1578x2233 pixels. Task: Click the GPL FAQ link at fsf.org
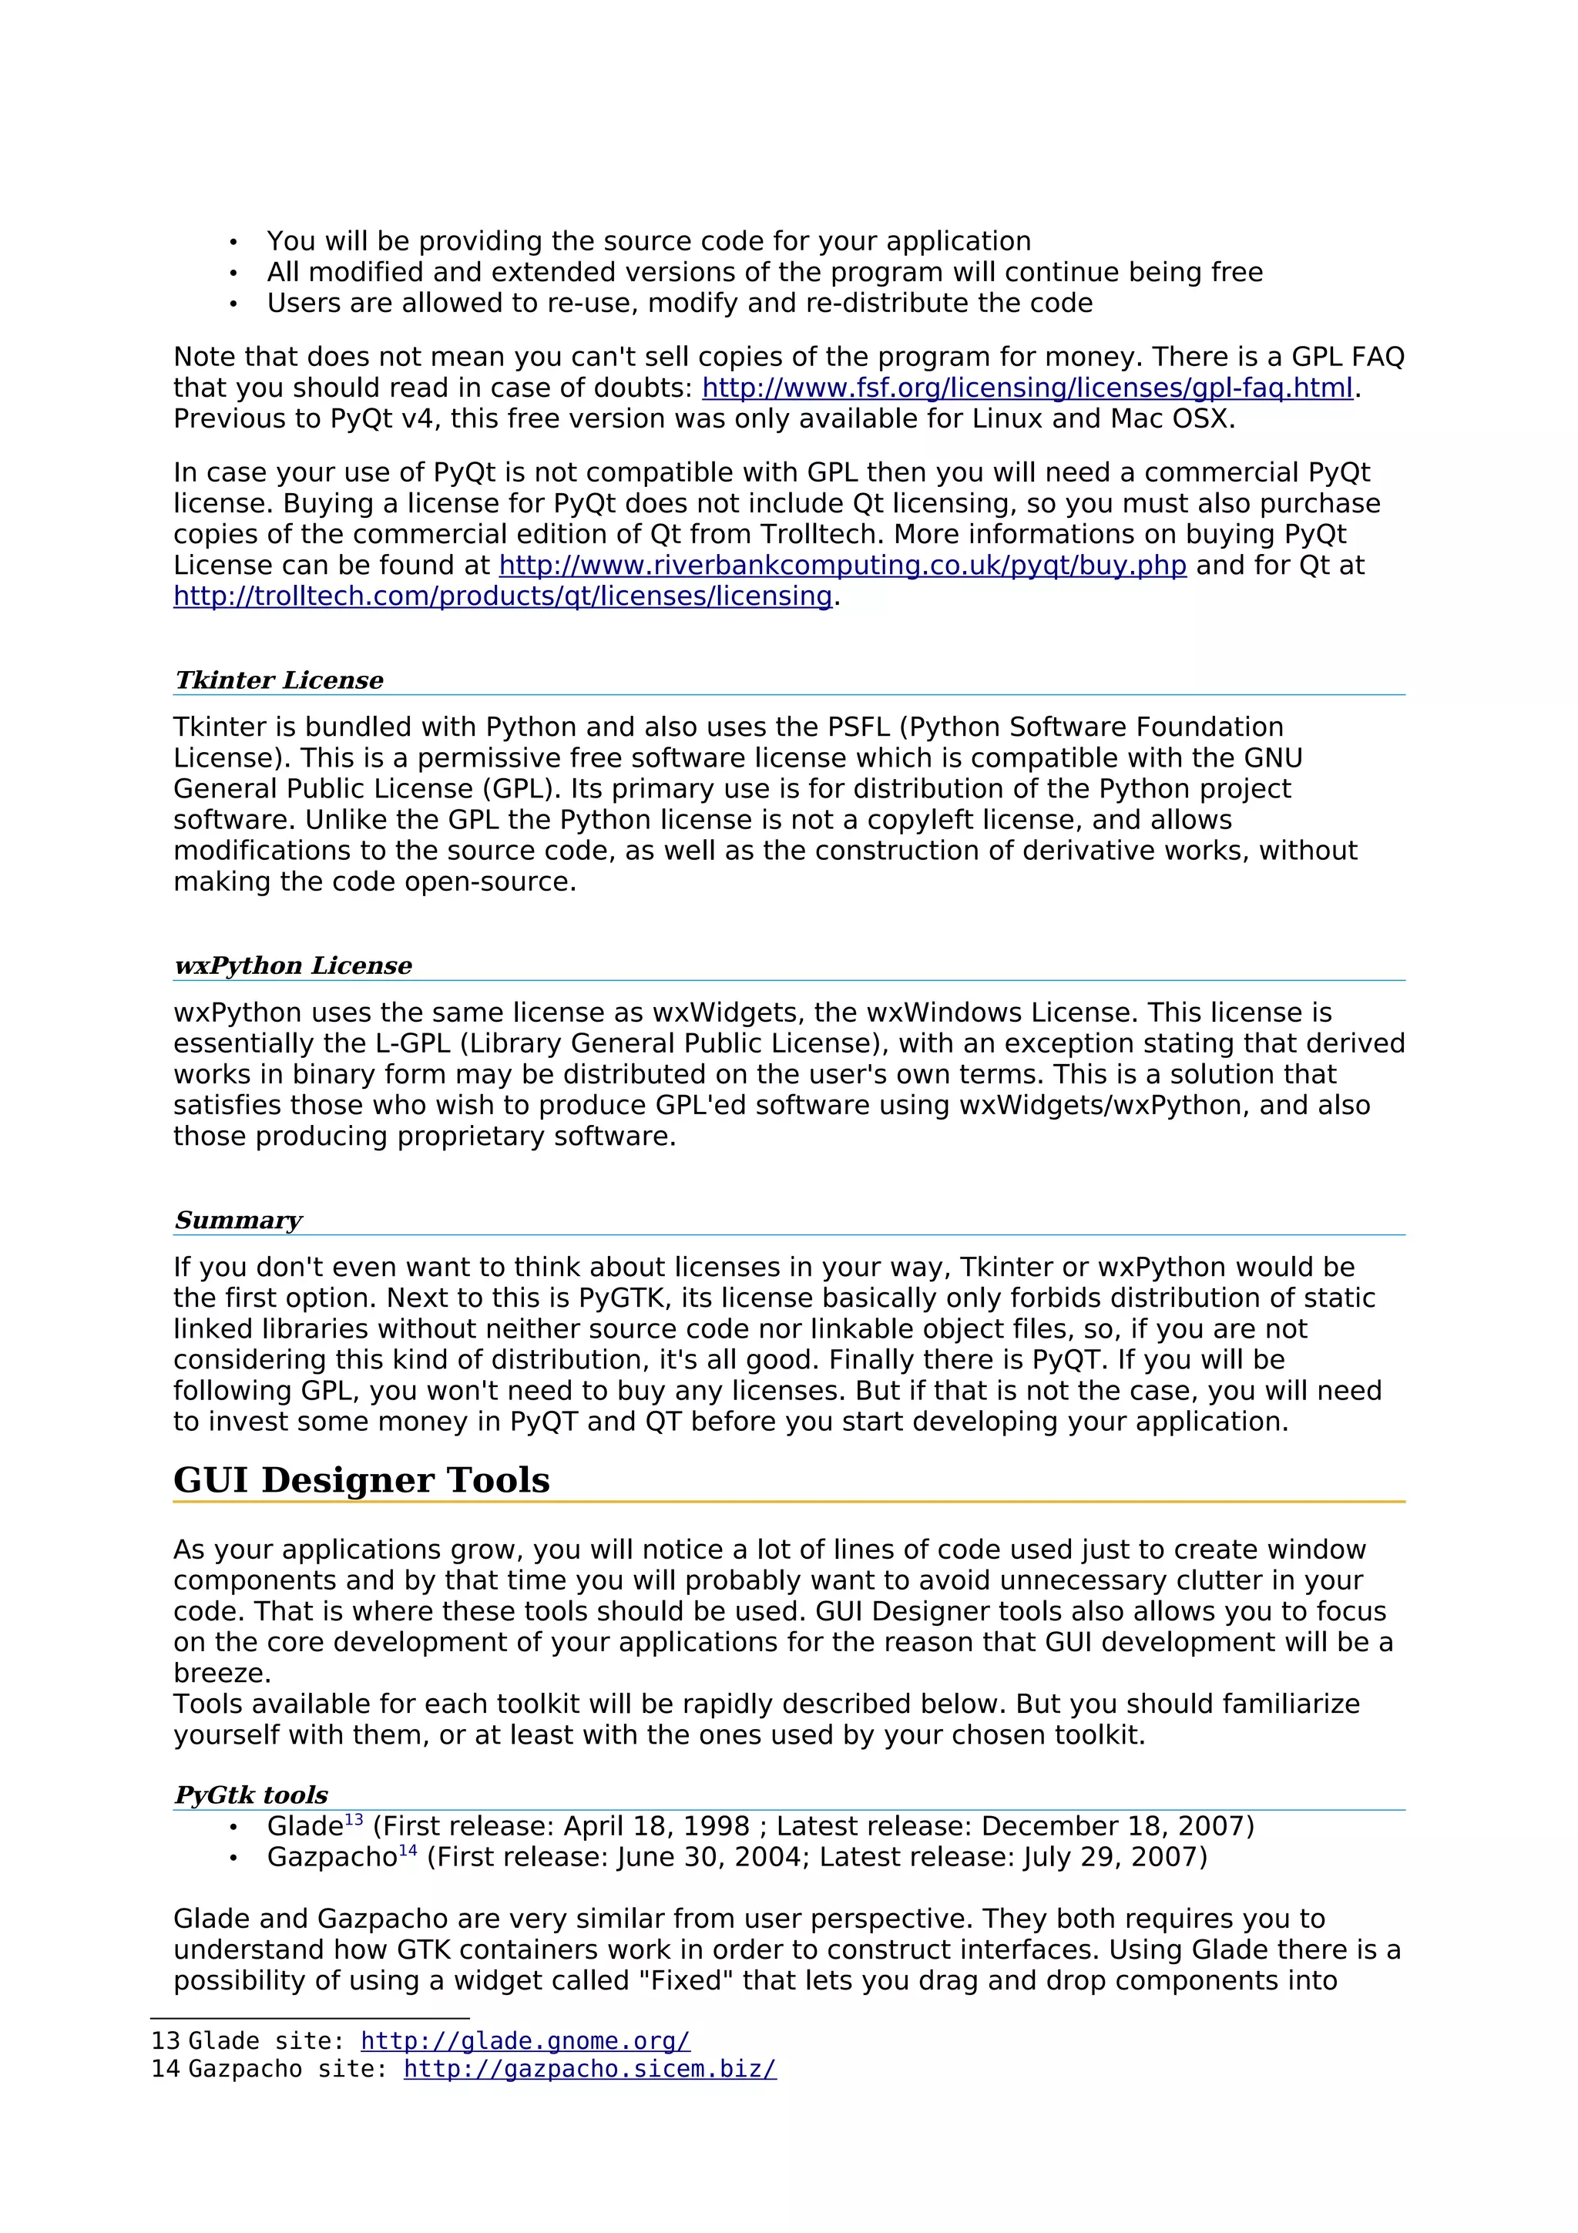(1027, 388)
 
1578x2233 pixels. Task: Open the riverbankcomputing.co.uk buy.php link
(842, 565)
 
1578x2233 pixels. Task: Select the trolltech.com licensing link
(502, 596)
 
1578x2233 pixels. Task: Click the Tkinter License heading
(279, 680)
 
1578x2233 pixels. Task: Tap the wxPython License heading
(293, 965)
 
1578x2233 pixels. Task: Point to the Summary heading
(238, 1220)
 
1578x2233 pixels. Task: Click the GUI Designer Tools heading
(361, 1479)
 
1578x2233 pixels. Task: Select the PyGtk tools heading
(251, 1795)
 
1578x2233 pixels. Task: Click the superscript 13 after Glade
(354, 1818)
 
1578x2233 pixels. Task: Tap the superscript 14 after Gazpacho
(408, 1850)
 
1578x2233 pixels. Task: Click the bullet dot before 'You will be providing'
(233, 242)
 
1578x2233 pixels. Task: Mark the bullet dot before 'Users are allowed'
(233, 304)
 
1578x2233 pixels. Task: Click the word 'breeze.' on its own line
(222, 1673)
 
